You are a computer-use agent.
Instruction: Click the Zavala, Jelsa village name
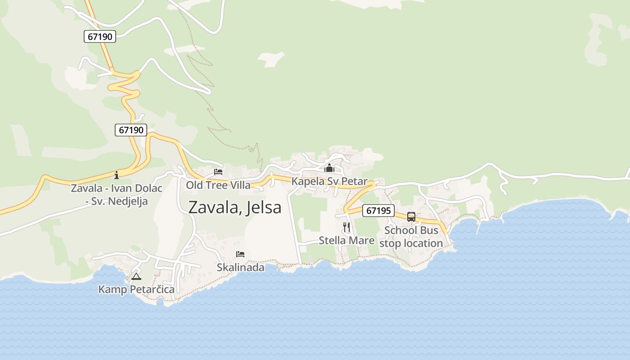[x=234, y=207]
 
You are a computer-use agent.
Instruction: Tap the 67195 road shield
[x=378, y=210]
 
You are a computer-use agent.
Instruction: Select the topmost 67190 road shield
[x=100, y=36]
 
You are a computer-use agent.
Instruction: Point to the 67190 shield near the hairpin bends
[x=131, y=130]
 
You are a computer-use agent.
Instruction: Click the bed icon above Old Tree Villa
[x=218, y=172]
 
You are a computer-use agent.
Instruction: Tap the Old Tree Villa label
[x=218, y=185]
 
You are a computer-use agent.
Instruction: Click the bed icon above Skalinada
[x=240, y=254]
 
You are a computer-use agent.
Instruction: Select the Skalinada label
[x=240, y=267]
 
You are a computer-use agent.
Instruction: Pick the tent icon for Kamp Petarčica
[x=136, y=276]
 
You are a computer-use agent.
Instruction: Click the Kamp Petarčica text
[x=136, y=289]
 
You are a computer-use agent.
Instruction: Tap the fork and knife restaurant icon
[x=346, y=227]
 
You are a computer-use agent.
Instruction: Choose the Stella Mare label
[x=346, y=240]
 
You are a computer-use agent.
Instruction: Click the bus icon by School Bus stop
[x=411, y=217]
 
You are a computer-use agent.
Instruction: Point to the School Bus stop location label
[x=411, y=237]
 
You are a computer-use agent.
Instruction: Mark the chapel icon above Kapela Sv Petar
[x=329, y=168]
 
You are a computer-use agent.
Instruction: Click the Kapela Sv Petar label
[x=329, y=181]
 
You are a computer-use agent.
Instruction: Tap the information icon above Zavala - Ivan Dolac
[x=117, y=175]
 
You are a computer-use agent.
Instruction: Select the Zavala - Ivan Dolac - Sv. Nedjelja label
[x=117, y=194]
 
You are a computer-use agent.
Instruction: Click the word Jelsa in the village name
[x=264, y=207]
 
